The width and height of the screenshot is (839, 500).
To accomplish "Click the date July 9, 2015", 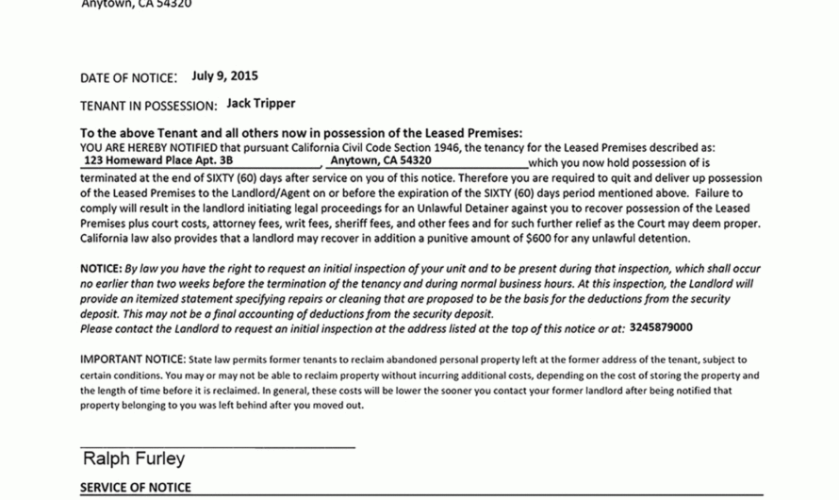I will tap(224, 76).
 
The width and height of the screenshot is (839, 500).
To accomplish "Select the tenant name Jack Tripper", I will tap(261, 104).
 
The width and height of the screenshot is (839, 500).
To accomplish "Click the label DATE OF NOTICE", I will tap(128, 77).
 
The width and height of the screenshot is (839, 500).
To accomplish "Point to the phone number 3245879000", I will tap(661, 327).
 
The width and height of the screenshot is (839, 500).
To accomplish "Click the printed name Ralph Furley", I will tap(134, 459).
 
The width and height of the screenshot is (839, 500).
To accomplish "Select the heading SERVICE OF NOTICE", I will tap(135, 488).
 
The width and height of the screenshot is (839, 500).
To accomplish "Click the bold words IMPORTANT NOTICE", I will tap(132, 359).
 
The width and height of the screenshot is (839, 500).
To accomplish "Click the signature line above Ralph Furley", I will tap(218, 445).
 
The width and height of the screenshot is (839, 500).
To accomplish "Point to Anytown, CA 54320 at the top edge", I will tap(137, 4).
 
